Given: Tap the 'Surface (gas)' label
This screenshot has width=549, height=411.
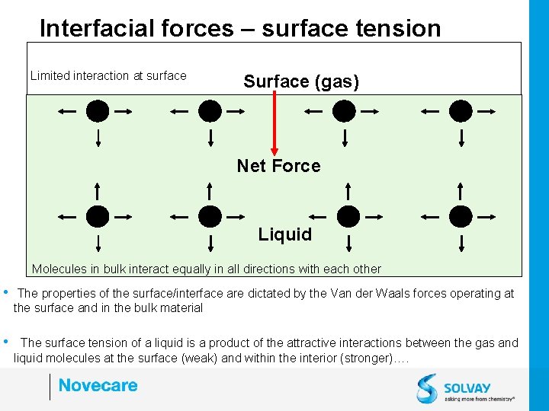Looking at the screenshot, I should [x=301, y=81].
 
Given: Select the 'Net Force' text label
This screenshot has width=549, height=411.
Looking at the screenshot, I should [x=278, y=166].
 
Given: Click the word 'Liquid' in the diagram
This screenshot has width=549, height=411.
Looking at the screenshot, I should [x=284, y=234].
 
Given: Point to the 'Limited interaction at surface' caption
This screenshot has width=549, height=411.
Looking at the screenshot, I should [x=108, y=75].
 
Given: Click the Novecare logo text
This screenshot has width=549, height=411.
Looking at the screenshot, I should [x=98, y=385].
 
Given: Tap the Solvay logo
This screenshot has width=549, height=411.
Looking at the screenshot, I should [x=465, y=387].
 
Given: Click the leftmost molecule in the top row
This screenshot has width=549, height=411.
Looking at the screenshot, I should [x=98, y=111].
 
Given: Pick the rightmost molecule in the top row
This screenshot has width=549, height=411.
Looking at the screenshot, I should [x=461, y=111].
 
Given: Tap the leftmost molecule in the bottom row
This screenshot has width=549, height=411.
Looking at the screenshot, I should [x=98, y=216].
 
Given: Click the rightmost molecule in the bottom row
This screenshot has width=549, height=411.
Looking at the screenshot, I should [x=461, y=216].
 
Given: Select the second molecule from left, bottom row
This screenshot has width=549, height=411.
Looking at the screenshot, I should [x=210, y=216].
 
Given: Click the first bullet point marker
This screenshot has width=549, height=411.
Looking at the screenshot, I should [x=6, y=292].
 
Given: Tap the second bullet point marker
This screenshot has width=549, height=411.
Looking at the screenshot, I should [x=6, y=342].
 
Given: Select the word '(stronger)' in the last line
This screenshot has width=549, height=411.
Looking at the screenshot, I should [x=361, y=358].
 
